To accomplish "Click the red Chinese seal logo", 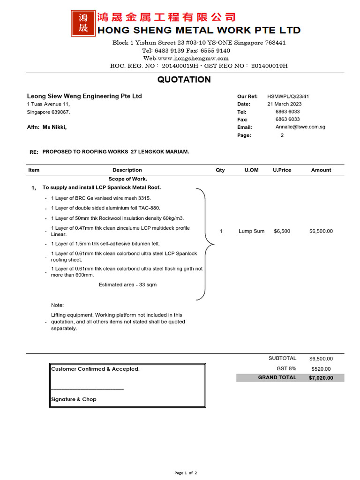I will [x=82, y=23].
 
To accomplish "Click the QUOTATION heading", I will [x=184, y=80].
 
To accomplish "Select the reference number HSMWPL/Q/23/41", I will [x=288, y=97].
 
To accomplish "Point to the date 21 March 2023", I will [x=285, y=104].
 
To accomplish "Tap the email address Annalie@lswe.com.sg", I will [x=300, y=127].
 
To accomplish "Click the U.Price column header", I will [x=282, y=170].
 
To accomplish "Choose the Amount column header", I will [x=321, y=170].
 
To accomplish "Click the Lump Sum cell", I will [x=251, y=231].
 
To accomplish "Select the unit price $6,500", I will [x=282, y=231].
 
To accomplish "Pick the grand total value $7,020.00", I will [x=321, y=378].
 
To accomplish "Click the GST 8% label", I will [x=286, y=368].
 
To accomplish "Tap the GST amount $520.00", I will [x=321, y=369].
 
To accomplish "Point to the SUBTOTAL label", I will [x=282, y=358].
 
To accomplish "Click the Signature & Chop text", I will [x=74, y=399].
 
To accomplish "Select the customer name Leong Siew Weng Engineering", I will [x=84, y=96].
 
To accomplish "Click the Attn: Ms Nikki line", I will [x=47, y=127].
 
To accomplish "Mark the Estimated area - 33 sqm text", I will [x=127, y=285].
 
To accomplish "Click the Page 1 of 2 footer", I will [x=186, y=473].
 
